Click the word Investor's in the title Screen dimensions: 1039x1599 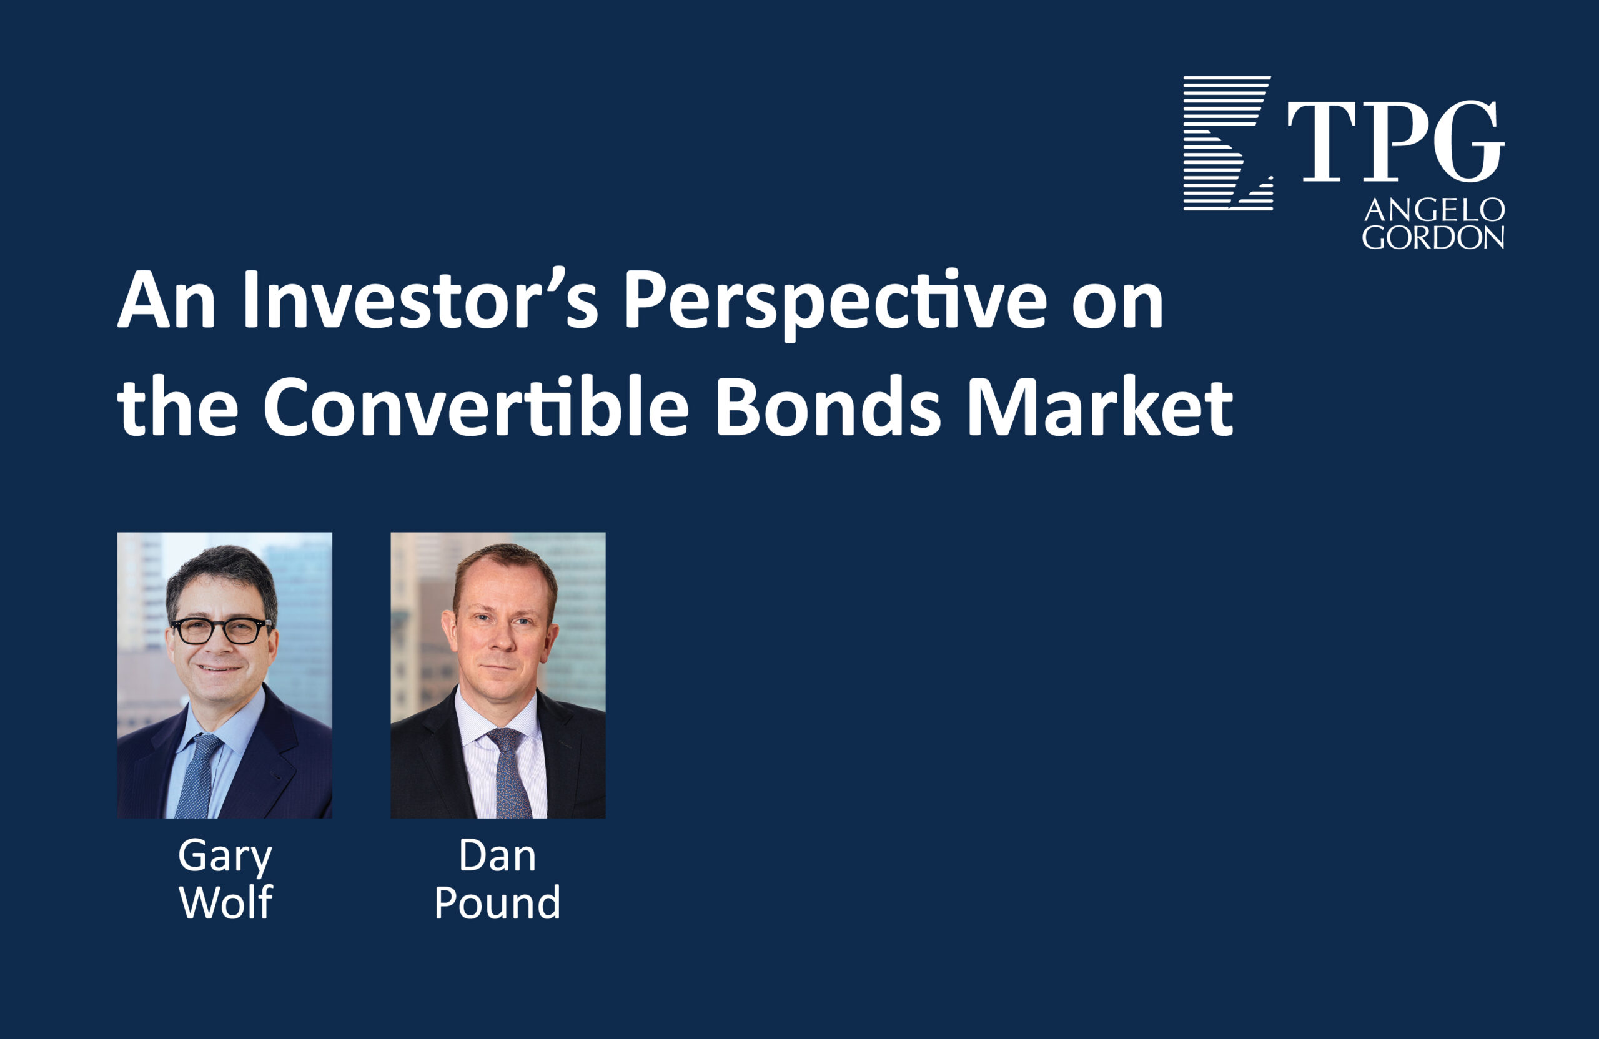tap(419, 300)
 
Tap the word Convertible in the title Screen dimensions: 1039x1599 tap(476, 407)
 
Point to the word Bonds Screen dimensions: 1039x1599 tap(827, 407)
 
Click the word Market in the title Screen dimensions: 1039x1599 tap(1099, 407)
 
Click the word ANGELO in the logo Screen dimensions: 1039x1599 tap(1433, 211)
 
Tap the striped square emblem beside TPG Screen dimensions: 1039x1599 tap(1227, 143)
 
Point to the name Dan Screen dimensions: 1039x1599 tap(497, 856)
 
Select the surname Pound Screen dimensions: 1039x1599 tap(497, 903)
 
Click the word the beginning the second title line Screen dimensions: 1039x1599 tap(177, 407)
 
